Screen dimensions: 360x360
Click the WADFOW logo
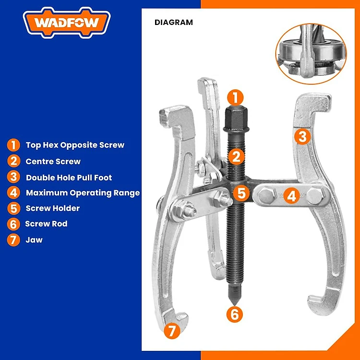(67, 23)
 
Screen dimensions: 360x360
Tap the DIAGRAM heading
(174, 22)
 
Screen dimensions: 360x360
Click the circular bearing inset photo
(311, 54)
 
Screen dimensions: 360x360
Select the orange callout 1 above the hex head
(235, 97)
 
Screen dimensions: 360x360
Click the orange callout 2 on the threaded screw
(236, 157)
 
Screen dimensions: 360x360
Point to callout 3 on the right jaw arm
(302, 136)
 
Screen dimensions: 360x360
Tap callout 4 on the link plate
(291, 196)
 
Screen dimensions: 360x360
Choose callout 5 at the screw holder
(241, 193)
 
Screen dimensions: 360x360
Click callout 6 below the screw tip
(234, 314)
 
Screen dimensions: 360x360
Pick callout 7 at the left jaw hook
(172, 331)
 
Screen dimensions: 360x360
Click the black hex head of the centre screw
(236, 119)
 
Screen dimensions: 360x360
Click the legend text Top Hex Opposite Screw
(75, 145)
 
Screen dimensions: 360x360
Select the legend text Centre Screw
(53, 161)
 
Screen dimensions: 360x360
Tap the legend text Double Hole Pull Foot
(69, 178)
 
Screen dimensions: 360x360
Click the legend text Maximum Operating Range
(83, 193)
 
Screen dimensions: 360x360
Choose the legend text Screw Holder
(53, 208)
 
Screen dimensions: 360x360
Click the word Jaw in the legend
(34, 240)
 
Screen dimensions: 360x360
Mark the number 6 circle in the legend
(13, 224)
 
